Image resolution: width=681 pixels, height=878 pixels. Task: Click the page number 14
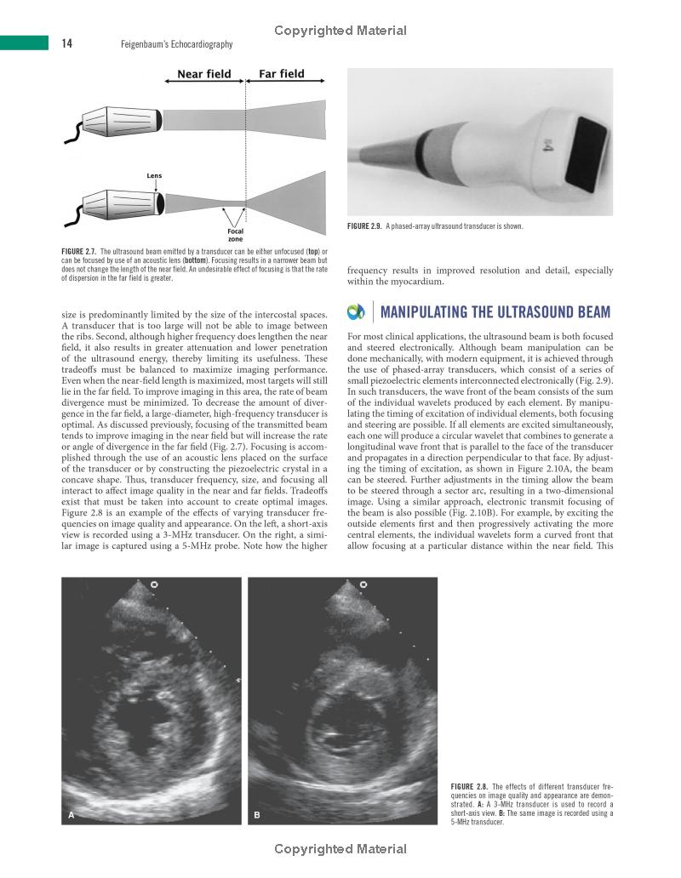point(66,44)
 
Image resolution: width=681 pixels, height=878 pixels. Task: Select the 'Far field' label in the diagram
point(281,74)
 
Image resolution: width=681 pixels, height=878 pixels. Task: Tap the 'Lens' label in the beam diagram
point(154,175)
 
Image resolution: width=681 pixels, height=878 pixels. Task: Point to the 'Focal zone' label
point(236,235)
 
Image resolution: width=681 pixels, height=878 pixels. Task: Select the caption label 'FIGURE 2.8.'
point(468,786)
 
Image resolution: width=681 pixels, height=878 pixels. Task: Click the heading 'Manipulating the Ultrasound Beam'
point(495,312)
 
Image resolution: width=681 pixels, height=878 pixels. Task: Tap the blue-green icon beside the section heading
point(357,312)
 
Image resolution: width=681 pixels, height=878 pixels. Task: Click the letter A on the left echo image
point(72,815)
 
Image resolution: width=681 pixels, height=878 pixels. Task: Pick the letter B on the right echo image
point(257,815)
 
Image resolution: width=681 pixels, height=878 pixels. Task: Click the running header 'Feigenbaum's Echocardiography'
point(176,44)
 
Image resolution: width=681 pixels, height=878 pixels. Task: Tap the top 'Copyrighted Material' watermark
point(340,31)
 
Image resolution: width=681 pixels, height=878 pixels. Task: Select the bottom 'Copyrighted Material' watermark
point(340,848)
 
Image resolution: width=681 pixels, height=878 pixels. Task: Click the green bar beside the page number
point(24,43)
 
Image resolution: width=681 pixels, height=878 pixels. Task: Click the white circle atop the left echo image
point(154,584)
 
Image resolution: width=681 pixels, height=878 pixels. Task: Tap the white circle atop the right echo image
point(364,584)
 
